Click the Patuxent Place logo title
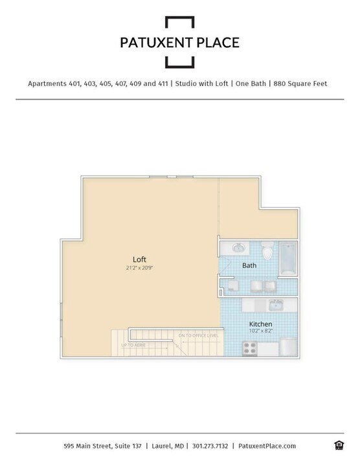point(179,43)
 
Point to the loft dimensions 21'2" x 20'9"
point(140,267)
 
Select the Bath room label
point(249,265)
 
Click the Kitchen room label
point(260,324)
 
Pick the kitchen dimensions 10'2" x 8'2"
point(260,331)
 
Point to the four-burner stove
point(250,348)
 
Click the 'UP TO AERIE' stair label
point(133,345)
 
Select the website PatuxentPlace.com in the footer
point(267,446)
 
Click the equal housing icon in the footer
point(338,445)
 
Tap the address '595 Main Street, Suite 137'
point(103,446)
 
